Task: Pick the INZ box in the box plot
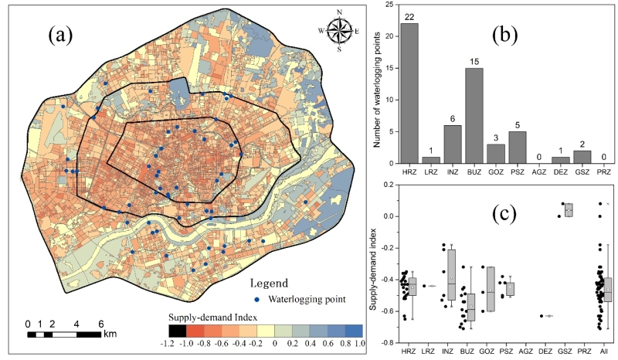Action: [x=451, y=274]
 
